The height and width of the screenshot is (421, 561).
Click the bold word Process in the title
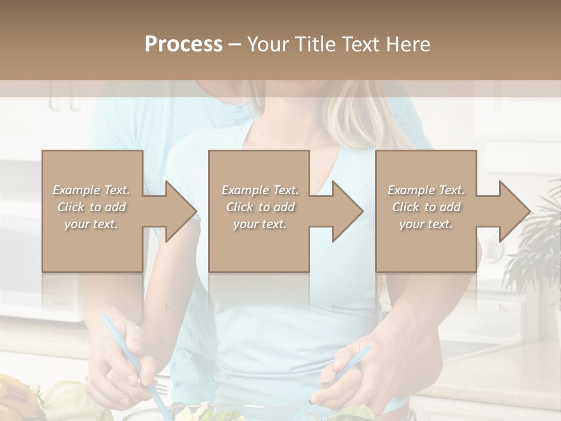tap(183, 44)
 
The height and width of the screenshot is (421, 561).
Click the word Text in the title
tap(362, 44)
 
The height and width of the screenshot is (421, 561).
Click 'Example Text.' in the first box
tap(92, 190)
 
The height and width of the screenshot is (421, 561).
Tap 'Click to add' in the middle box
tap(260, 207)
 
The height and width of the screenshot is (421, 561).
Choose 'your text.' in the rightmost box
tap(426, 224)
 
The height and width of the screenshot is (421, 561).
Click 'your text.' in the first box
tap(92, 224)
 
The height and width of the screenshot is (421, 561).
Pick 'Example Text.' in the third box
tap(426, 190)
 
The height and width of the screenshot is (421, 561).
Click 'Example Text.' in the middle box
tap(260, 190)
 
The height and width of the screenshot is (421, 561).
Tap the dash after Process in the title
tap(236, 45)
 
